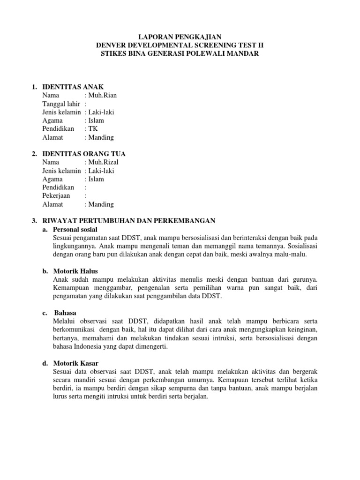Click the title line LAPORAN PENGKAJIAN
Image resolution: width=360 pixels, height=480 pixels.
tap(180, 36)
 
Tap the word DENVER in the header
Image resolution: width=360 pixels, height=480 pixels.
tap(112, 45)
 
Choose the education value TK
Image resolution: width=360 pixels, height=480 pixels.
tap(93, 129)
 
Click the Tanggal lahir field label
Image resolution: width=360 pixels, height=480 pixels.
tap(61, 104)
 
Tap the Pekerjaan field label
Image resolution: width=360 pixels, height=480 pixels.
tap(58, 196)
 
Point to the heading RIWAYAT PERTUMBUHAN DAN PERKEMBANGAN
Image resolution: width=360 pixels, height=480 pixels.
tap(128, 221)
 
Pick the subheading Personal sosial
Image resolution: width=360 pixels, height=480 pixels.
tap(76, 229)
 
